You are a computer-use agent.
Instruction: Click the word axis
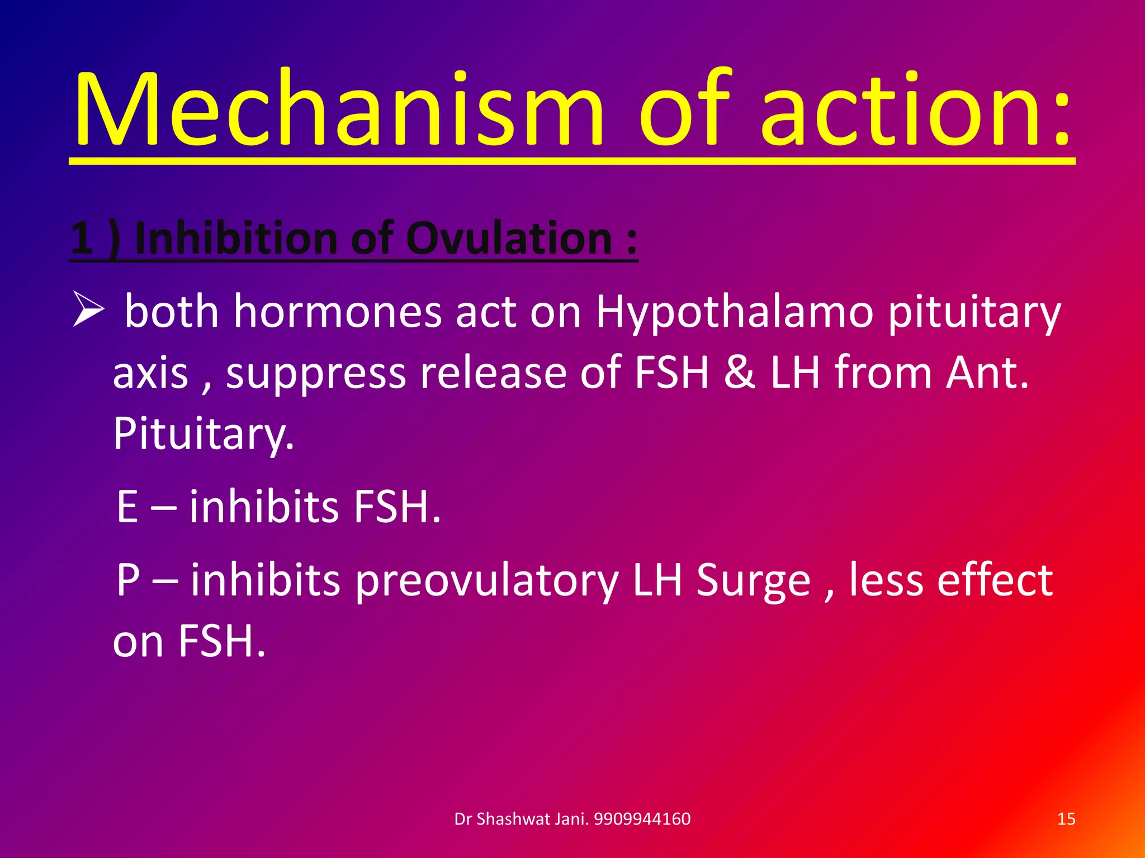coord(150,373)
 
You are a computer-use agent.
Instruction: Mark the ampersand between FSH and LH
coord(739,373)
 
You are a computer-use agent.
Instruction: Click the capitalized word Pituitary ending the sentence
coord(203,435)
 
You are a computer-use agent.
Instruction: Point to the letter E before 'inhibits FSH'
coord(127,507)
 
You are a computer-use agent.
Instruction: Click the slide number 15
coord(1066,819)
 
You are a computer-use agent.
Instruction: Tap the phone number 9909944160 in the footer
coord(642,819)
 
